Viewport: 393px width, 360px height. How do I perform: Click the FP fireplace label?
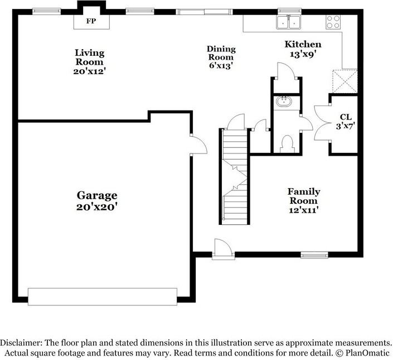coord(90,21)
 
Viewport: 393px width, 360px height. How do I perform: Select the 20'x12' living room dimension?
coord(90,71)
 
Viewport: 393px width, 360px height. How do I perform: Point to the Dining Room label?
coord(221,52)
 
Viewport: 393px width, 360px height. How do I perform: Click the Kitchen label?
coord(303,44)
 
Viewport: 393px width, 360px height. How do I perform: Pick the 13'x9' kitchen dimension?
coord(303,54)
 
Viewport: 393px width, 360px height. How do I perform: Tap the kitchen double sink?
coord(289,22)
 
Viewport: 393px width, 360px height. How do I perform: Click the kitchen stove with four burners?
coord(333,21)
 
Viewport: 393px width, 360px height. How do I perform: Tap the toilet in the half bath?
coord(287,144)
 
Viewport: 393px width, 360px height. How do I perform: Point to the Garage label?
coord(97,195)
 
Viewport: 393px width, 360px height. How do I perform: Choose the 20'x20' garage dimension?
coord(97,207)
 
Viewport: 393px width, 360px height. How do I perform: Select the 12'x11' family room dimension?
coord(303,210)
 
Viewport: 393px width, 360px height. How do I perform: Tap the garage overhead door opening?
coord(103,296)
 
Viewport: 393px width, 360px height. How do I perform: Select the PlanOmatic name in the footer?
coord(367,353)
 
